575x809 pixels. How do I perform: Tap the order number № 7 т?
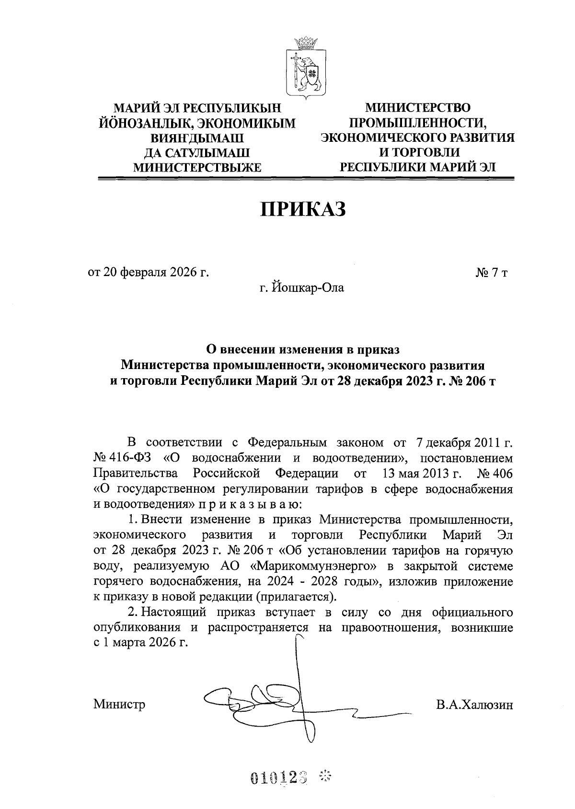491,273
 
